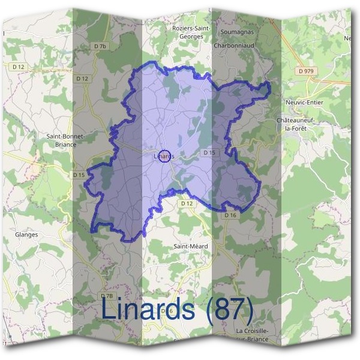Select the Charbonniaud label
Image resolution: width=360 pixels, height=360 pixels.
[x=235, y=44]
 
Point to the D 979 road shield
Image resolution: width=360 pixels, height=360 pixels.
[x=305, y=71]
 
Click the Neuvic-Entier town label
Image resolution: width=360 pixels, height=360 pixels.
[x=304, y=102]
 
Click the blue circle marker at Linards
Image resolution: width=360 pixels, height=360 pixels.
[x=167, y=156]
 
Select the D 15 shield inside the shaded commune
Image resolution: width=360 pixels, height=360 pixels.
[x=209, y=153]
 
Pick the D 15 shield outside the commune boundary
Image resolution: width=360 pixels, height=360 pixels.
[x=79, y=175]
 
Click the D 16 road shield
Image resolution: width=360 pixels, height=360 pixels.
[x=230, y=215]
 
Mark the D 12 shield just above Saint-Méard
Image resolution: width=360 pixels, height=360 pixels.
[x=187, y=204]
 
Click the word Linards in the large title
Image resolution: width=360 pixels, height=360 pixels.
[x=148, y=310]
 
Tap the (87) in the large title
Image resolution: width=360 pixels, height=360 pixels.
[x=229, y=310]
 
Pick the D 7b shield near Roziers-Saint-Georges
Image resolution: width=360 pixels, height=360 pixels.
[x=100, y=46]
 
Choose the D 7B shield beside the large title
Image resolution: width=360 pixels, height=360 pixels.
[x=106, y=296]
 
